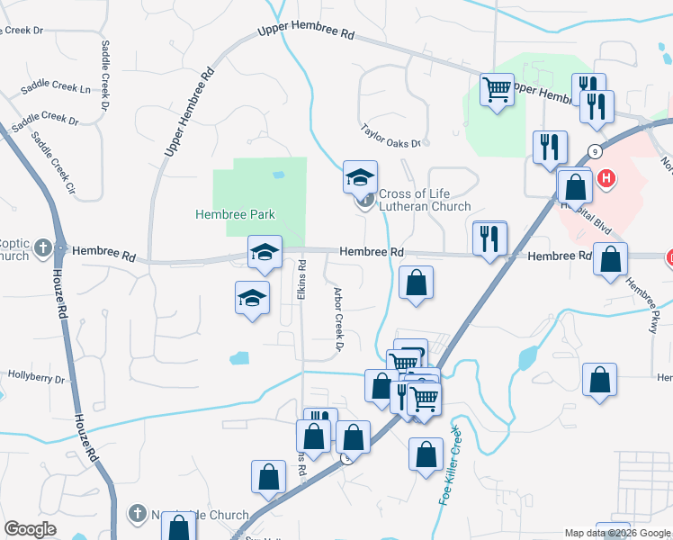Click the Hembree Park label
(x=235, y=214)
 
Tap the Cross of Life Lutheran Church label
(x=424, y=200)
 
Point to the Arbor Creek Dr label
(x=339, y=319)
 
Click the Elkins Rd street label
(x=302, y=281)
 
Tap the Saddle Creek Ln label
(x=54, y=90)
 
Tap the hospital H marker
(x=607, y=178)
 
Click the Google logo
(x=30, y=529)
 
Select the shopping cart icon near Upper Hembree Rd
(x=496, y=90)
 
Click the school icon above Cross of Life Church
(x=360, y=176)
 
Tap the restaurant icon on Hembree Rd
(x=489, y=238)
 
